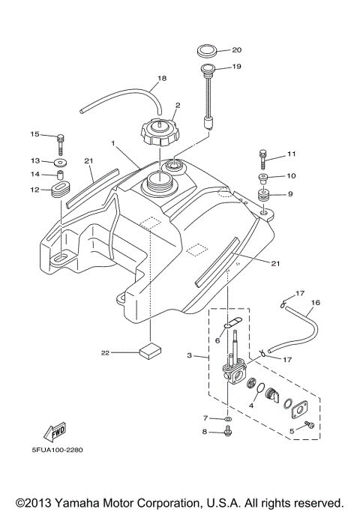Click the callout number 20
pyautogui.click(x=236, y=50)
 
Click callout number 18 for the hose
pyautogui.click(x=161, y=78)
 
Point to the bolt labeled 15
pyautogui.click(x=60, y=138)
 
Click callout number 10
pyautogui.click(x=292, y=176)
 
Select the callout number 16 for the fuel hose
pyautogui.click(x=315, y=303)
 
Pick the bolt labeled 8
pyautogui.click(x=228, y=433)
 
